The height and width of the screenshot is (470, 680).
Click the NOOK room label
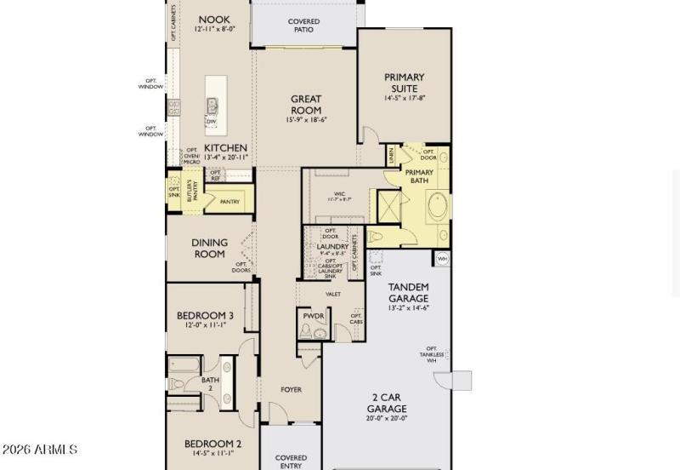click(x=214, y=20)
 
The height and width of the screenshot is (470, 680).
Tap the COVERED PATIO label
click(x=303, y=25)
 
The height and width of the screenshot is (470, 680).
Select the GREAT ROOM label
click(x=306, y=105)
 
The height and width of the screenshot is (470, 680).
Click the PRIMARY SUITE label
click(x=404, y=83)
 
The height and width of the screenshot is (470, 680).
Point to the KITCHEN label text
click(x=225, y=147)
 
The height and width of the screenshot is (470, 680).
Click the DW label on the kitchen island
click(x=212, y=122)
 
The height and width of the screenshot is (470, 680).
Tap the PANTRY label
click(x=229, y=202)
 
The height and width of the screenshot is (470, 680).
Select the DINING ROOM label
click(x=209, y=248)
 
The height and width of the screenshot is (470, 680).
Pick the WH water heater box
click(x=442, y=258)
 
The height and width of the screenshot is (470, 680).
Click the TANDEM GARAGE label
click(x=408, y=292)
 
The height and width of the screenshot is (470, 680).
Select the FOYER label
click(x=292, y=390)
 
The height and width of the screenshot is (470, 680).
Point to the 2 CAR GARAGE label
click(x=387, y=402)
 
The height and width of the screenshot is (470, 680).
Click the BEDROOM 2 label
click(x=214, y=443)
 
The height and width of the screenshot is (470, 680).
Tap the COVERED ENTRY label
click(x=291, y=461)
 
